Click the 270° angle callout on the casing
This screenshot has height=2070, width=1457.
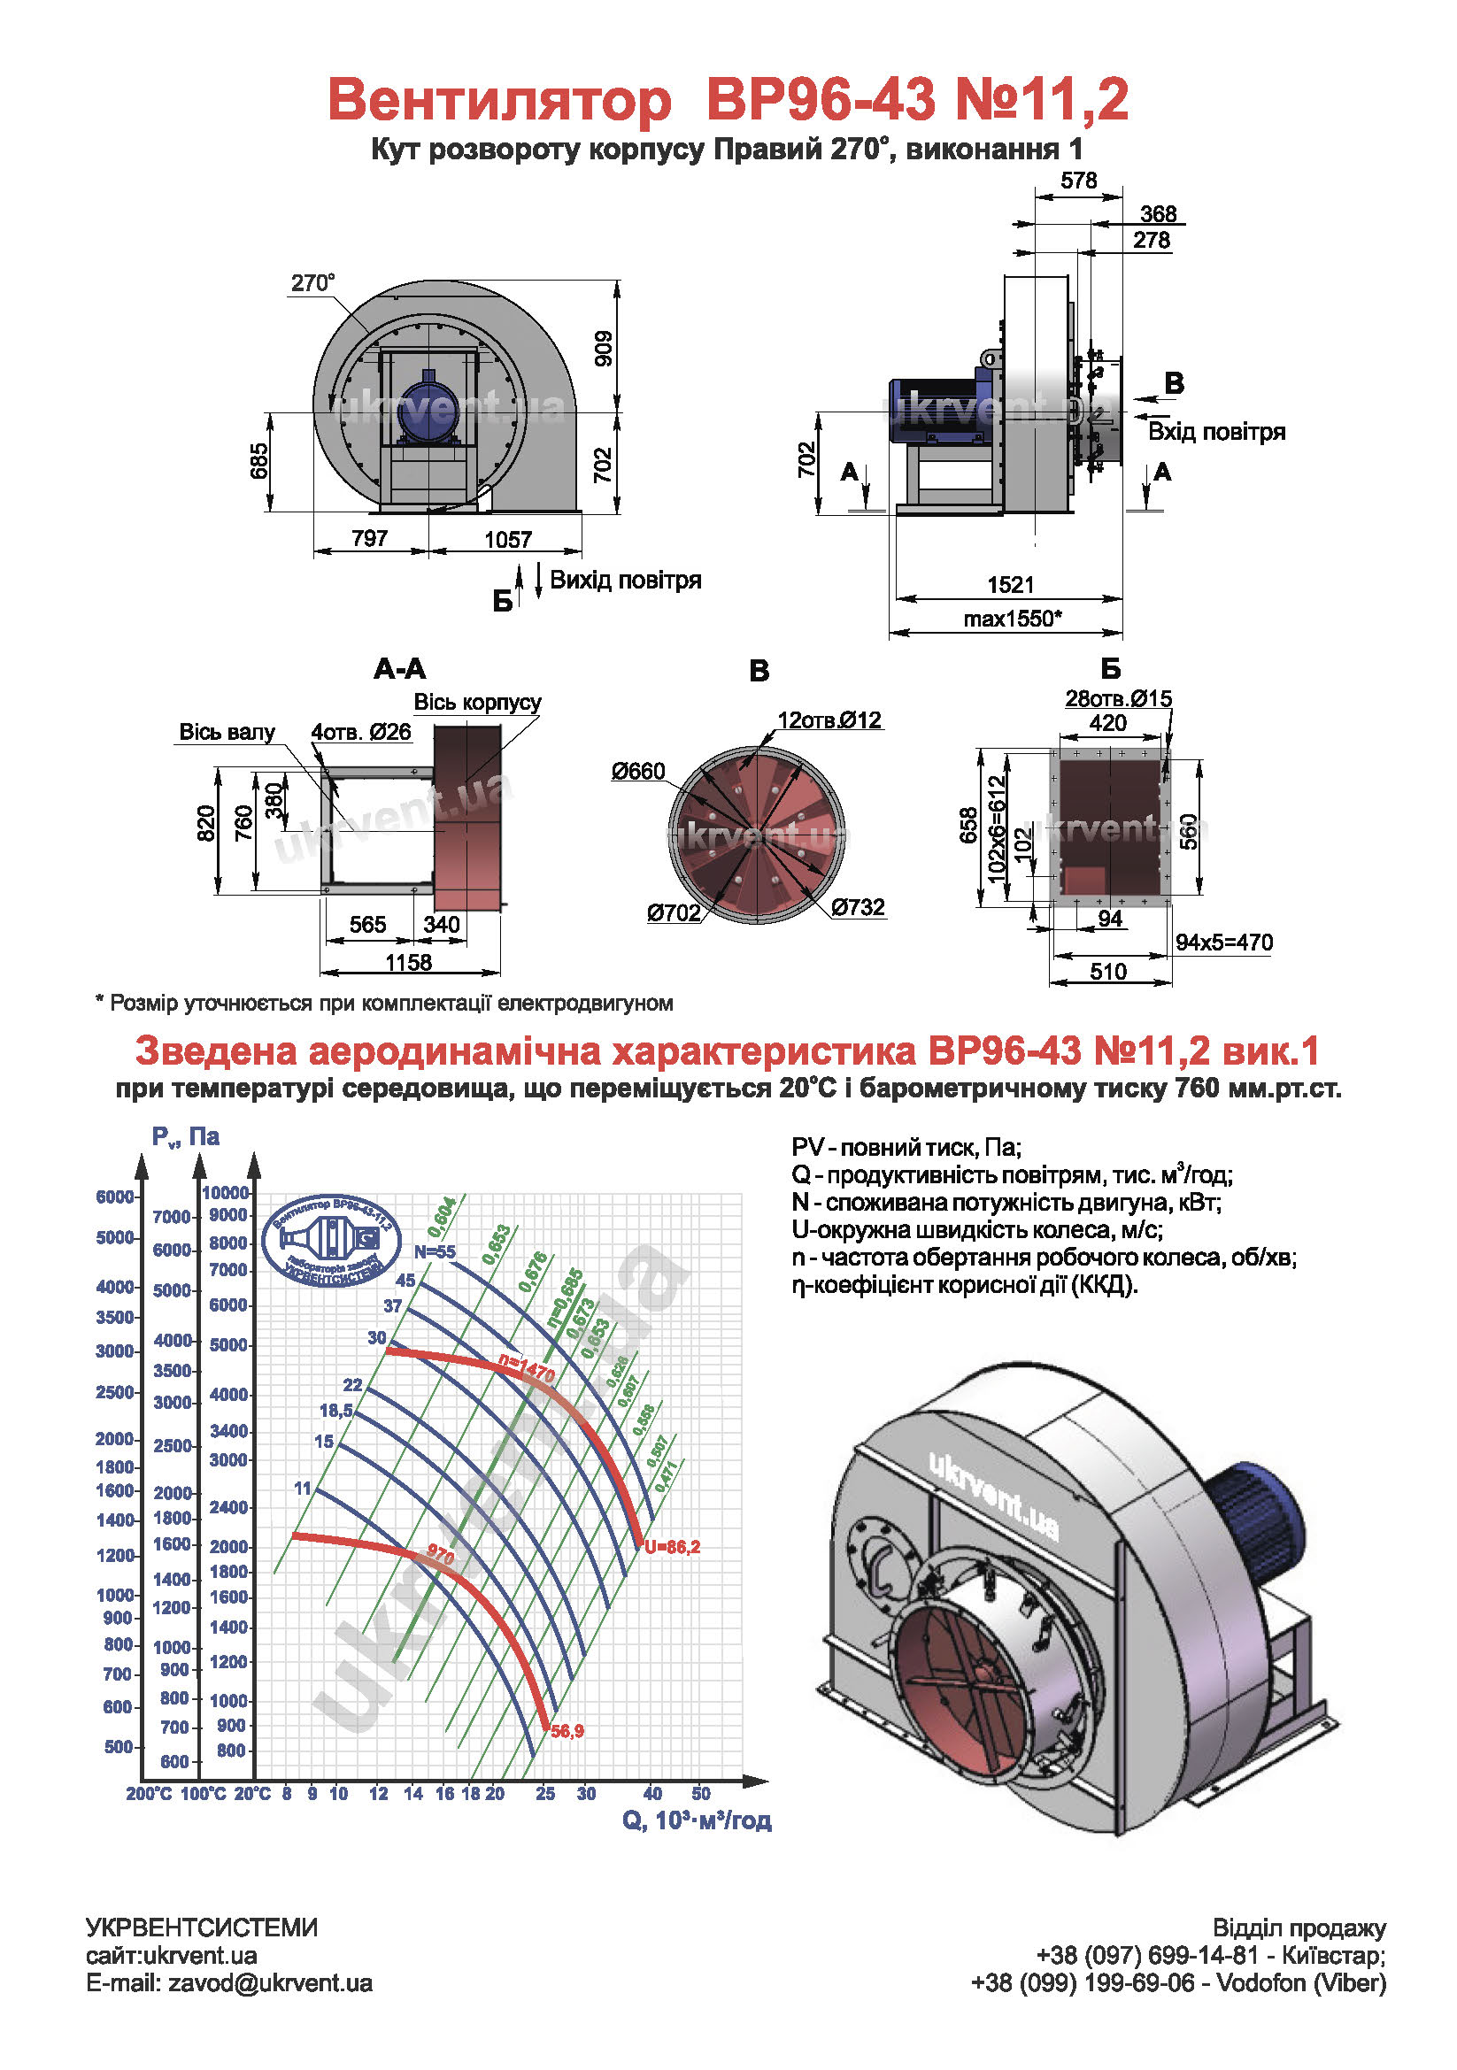[x=312, y=283]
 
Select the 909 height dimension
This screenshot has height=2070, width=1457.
[x=603, y=348]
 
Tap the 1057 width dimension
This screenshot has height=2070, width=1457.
[x=507, y=539]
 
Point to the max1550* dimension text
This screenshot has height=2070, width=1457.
[x=1012, y=619]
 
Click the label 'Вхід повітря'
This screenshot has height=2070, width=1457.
[x=1215, y=432]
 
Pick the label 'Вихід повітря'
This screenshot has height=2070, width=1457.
[x=625, y=580]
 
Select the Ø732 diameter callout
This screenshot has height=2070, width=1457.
[x=858, y=907]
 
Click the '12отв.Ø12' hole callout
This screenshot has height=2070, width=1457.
[x=829, y=720]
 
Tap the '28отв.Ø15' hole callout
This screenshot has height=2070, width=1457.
[x=1118, y=699]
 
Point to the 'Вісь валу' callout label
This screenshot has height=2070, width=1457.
[x=227, y=732]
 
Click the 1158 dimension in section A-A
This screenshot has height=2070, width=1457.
[x=408, y=962]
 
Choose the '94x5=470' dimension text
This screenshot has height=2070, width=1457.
[x=1223, y=943]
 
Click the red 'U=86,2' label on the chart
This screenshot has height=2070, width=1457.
[x=672, y=1547]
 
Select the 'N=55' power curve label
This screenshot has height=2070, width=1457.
[x=435, y=1252]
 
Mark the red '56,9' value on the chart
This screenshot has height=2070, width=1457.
[x=567, y=1731]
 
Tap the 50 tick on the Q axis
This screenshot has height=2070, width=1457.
[x=700, y=1794]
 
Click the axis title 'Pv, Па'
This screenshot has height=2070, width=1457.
[x=185, y=1137]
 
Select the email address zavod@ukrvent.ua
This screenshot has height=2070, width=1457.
[x=270, y=1983]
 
